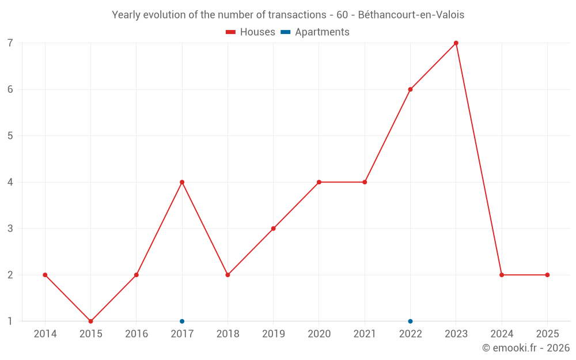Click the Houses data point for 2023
pos(456,43)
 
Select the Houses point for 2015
pos(90,321)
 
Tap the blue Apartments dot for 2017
pos(182,321)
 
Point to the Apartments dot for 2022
pos(410,321)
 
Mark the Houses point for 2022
pos(410,89)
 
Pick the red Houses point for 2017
pos(182,182)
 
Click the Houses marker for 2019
pos(273,229)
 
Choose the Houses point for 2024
pos(502,275)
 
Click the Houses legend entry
pos(251,32)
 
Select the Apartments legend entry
pos(315,32)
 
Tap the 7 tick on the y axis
pos(10,43)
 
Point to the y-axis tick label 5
pos(10,136)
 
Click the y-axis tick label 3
pos(10,229)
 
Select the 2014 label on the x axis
pos(45,334)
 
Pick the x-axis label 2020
pos(319,334)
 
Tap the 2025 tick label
pos(547,334)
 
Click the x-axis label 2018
pos(228,334)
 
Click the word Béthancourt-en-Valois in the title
pos(411,15)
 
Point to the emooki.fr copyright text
pos(526,348)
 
